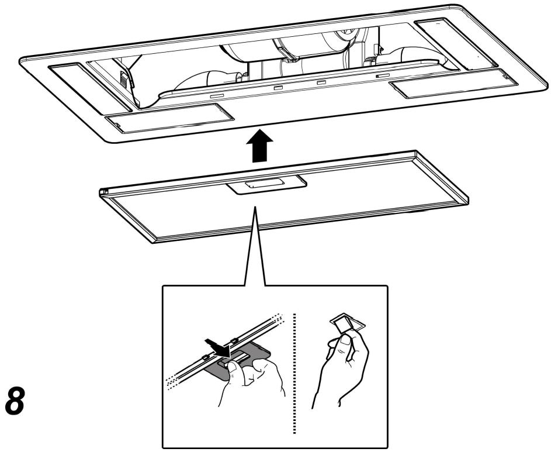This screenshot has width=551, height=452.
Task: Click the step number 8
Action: pos(15,401)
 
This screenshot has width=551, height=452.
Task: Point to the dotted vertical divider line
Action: pos(294,373)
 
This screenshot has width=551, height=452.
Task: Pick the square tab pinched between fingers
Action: pos(346,323)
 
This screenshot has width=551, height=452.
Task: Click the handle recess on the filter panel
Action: pos(266,184)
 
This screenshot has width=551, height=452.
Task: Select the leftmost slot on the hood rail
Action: pos(217,95)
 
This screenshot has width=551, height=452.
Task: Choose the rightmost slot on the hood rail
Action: pos(383,75)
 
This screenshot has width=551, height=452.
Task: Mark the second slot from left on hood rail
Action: pos(278,87)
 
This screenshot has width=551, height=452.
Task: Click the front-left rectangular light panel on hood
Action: pos(169,118)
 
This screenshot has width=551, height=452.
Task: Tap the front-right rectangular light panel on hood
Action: pos(454,84)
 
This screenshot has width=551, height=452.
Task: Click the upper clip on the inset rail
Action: pos(233,340)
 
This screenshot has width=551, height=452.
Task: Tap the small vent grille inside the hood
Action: pos(123,78)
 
